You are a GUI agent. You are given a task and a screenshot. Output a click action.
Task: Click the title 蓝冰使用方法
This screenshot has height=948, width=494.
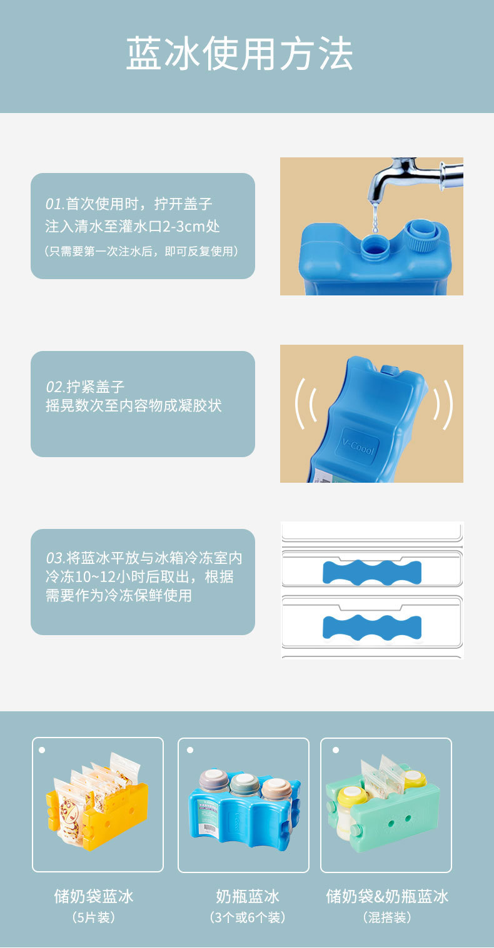(240, 55)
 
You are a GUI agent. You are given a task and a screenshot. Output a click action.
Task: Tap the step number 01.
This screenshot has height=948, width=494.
(54, 204)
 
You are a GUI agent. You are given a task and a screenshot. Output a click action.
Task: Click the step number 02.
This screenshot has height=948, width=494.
(54, 387)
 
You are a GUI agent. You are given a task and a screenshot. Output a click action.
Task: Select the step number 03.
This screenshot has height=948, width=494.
(55, 558)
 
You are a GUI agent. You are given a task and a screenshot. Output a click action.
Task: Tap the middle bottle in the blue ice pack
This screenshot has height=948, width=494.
(244, 785)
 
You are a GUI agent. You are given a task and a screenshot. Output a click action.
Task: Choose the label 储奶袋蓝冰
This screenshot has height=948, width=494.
(94, 897)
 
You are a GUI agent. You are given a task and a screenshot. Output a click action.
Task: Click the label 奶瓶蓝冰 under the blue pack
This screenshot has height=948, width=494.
(247, 897)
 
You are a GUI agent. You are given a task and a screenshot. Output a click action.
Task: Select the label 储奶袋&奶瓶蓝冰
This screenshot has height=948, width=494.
(387, 897)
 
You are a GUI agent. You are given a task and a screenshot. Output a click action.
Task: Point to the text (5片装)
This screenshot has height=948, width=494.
(94, 917)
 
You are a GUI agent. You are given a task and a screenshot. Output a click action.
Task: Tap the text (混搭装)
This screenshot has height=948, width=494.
(387, 917)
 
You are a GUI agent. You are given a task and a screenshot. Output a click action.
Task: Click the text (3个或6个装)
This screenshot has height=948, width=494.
(247, 917)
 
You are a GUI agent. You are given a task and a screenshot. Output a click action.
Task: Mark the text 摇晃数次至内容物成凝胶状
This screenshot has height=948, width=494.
(134, 406)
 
